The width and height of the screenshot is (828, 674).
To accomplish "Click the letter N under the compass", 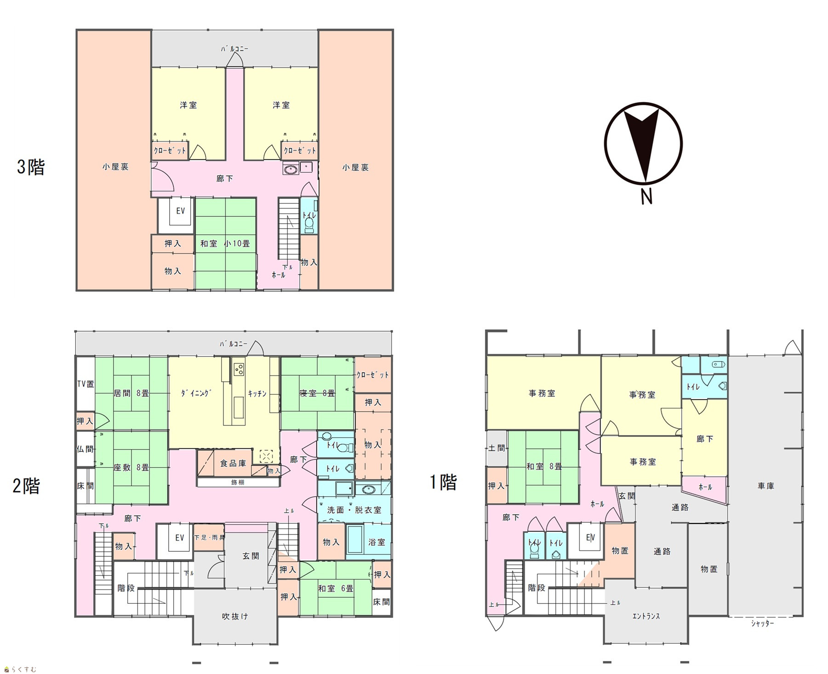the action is click(646, 197).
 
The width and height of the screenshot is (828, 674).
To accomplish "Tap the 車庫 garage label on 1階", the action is click(765, 486).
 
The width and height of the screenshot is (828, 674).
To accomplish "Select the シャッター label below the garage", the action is click(763, 623).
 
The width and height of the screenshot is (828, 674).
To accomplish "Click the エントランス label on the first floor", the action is click(646, 616).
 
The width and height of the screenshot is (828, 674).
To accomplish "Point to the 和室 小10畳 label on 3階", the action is click(225, 244).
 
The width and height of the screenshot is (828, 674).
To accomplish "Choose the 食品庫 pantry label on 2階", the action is click(233, 463).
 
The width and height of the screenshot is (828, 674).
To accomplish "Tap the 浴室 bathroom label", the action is click(377, 542).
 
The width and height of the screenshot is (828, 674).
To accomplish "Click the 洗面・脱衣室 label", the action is click(354, 510).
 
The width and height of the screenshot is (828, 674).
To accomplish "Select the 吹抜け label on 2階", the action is click(235, 616).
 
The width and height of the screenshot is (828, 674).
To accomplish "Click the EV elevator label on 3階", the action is click(180, 210).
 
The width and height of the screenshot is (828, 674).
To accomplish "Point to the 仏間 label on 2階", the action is click(85, 449).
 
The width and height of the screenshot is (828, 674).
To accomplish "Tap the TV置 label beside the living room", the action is click(86, 384).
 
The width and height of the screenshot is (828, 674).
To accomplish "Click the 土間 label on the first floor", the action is click(497, 447).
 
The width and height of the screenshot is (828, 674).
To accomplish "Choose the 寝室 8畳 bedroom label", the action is click(317, 393).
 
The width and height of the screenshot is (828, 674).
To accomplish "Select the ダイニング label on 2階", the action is click(195, 393).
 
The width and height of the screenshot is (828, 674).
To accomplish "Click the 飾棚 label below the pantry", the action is click(238, 482).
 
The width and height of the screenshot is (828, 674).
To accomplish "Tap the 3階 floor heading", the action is click(31, 167).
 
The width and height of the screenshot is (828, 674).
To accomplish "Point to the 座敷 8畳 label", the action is click(131, 467).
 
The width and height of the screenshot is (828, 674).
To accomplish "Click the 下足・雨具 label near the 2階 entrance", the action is click(209, 537).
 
